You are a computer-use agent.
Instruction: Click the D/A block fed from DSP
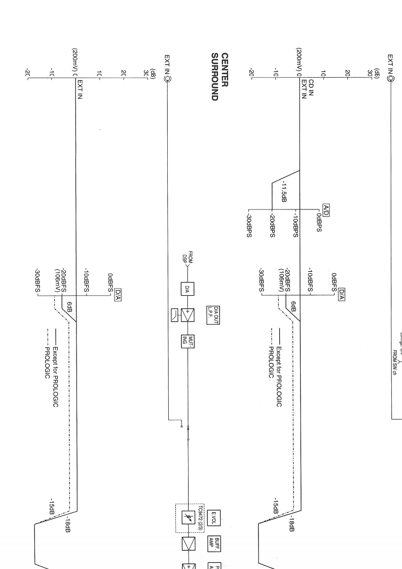point(187,289)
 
